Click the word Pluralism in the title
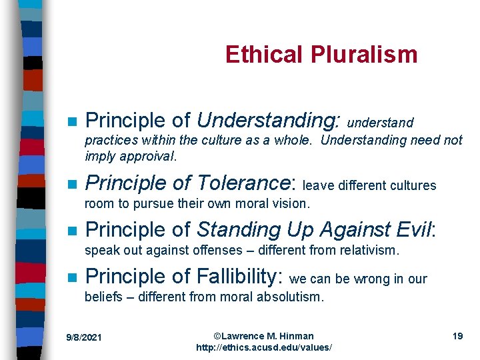click(369, 55)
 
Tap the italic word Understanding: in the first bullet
click(268, 121)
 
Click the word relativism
click(366, 251)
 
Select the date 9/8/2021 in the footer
click(84, 337)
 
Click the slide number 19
click(457, 336)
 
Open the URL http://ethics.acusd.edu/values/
click(263, 348)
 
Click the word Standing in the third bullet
click(231, 230)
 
